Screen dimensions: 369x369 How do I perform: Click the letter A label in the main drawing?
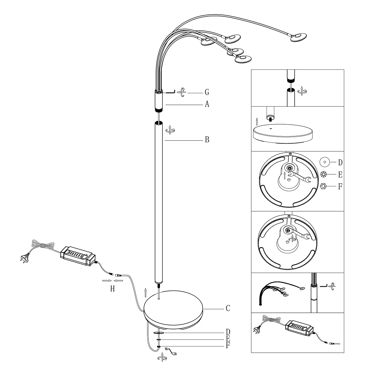pos(207,105)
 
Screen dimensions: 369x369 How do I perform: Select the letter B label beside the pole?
pos(207,140)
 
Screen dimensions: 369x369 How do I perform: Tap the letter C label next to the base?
pos(228,308)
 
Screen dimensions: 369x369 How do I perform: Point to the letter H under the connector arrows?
pos(113,289)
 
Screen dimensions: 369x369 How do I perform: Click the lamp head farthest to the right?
pos(298,37)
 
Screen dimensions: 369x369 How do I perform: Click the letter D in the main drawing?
pos(228,332)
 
